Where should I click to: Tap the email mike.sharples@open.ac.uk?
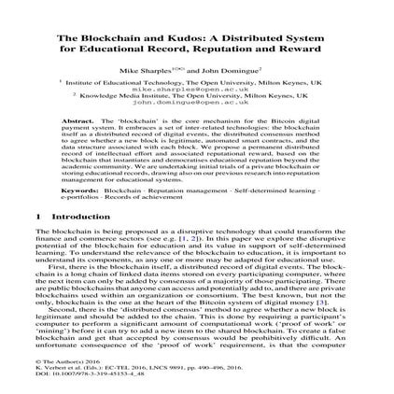click(x=197, y=90)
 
